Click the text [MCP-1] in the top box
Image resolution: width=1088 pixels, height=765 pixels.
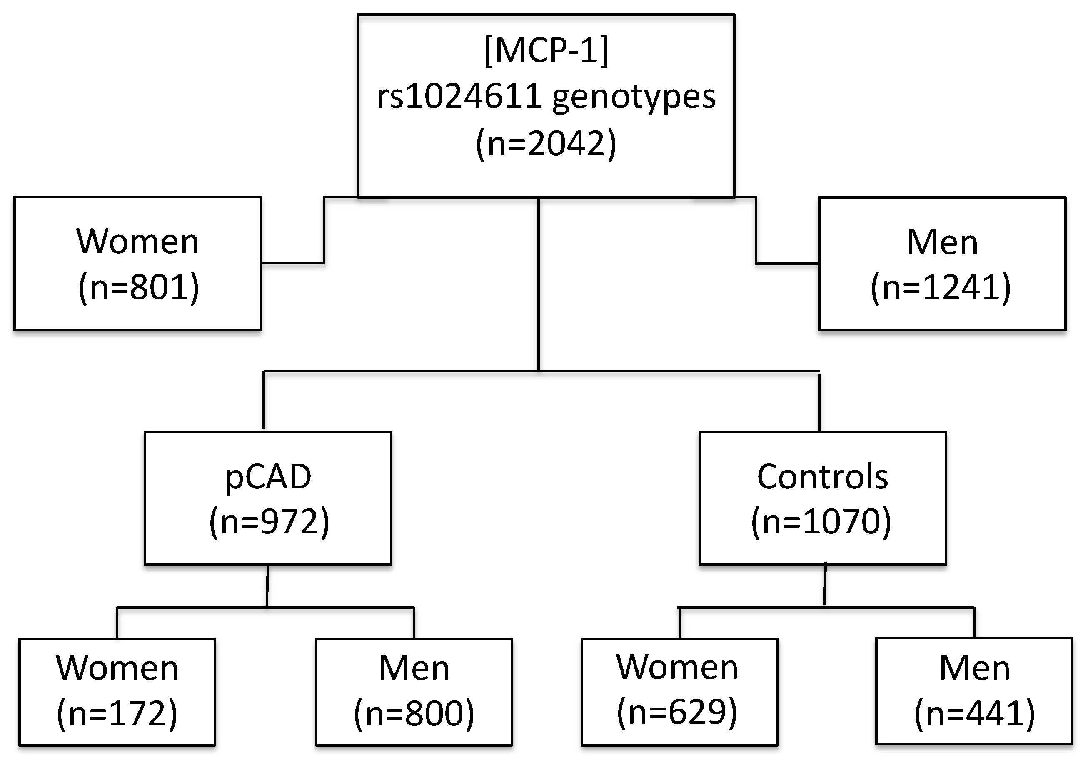(x=546, y=51)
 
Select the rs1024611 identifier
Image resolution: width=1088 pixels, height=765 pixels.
(x=459, y=97)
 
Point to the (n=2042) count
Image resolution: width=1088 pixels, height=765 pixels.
(x=546, y=144)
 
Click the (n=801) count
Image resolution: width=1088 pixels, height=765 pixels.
(x=138, y=287)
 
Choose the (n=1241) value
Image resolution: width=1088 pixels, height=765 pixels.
(x=941, y=287)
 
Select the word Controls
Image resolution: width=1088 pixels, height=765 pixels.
(x=823, y=476)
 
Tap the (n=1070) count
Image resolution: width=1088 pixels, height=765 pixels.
(x=821, y=521)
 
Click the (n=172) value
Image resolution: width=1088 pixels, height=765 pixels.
(x=117, y=713)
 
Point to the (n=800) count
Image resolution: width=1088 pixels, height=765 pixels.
(x=414, y=713)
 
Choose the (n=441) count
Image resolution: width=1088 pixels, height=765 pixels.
(x=975, y=713)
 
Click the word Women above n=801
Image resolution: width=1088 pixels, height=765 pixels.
(x=137, y=242)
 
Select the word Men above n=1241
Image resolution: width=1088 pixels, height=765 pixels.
(x=942, y=242)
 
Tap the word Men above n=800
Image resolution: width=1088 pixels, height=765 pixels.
(x=414, y=668)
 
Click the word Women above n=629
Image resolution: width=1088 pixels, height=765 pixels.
(x=677, y=667)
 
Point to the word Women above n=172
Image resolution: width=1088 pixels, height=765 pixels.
(x=117, y=668)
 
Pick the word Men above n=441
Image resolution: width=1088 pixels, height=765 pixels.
(x=975, y=668)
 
